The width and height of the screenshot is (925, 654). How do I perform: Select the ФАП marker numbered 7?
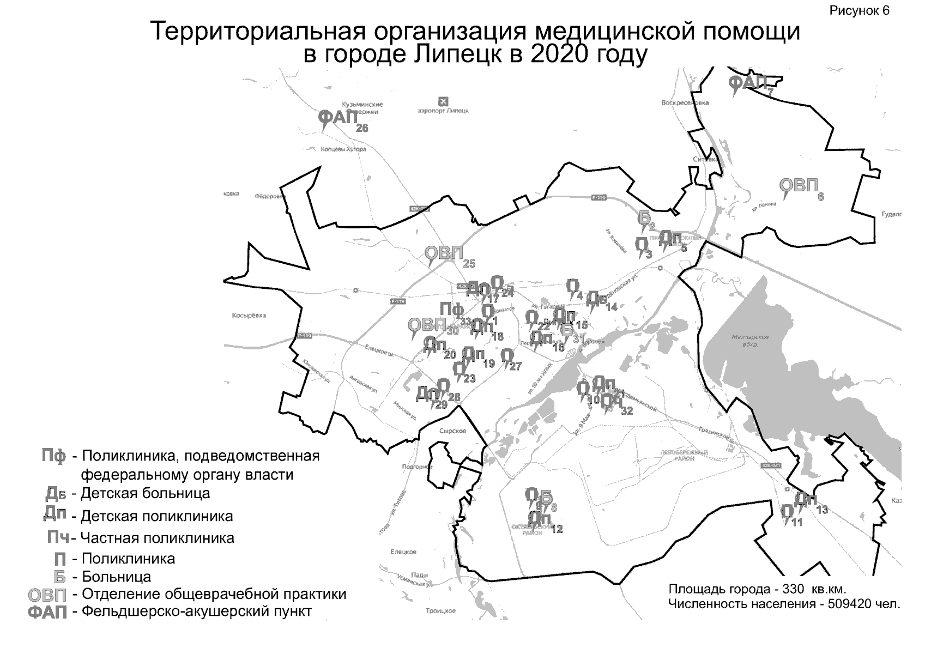pos(747,83)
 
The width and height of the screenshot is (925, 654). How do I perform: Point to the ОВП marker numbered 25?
pos(444,253)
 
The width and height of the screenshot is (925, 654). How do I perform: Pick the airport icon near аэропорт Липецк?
pos(443,101)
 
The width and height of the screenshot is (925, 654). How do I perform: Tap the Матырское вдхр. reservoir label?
pos(751,341)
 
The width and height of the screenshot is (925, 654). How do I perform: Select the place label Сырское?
pos(452,431)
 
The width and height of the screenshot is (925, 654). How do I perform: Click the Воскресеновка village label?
pos(685,102)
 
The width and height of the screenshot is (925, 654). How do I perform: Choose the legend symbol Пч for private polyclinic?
pos(58,538)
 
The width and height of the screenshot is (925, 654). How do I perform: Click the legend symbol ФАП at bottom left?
pos(47,613)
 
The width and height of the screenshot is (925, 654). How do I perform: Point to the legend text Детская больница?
pos(145,493)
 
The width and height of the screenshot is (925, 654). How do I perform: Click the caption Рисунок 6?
pos(859,11)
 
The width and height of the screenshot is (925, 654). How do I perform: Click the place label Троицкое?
pos(440,611)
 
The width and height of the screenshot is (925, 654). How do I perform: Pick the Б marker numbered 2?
pos(644,218)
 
